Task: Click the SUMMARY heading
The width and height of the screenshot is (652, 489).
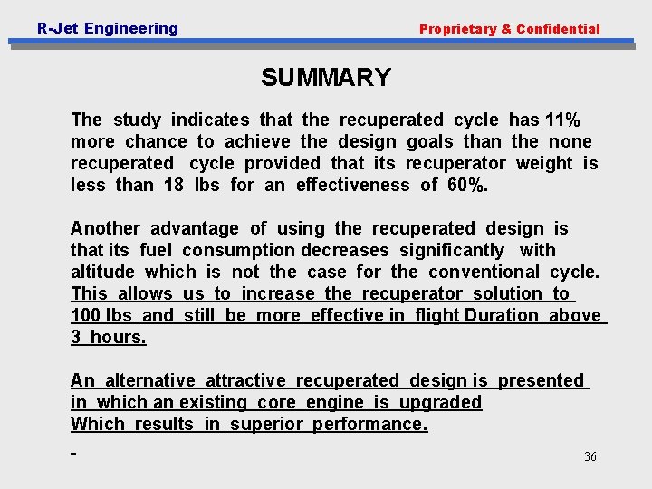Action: tap(326, 78)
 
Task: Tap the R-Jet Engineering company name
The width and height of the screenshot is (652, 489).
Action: tap(108, 28)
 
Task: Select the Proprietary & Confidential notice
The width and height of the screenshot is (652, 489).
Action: tap(509, 29)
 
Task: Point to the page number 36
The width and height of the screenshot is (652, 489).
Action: tap(590, 457)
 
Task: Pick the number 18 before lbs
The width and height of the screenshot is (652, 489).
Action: tap(173, 185)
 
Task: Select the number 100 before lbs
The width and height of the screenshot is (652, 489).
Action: tap(86, 315)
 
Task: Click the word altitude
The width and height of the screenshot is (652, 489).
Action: tap(102, 272)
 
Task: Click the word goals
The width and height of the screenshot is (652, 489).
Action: tap(430, 141)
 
